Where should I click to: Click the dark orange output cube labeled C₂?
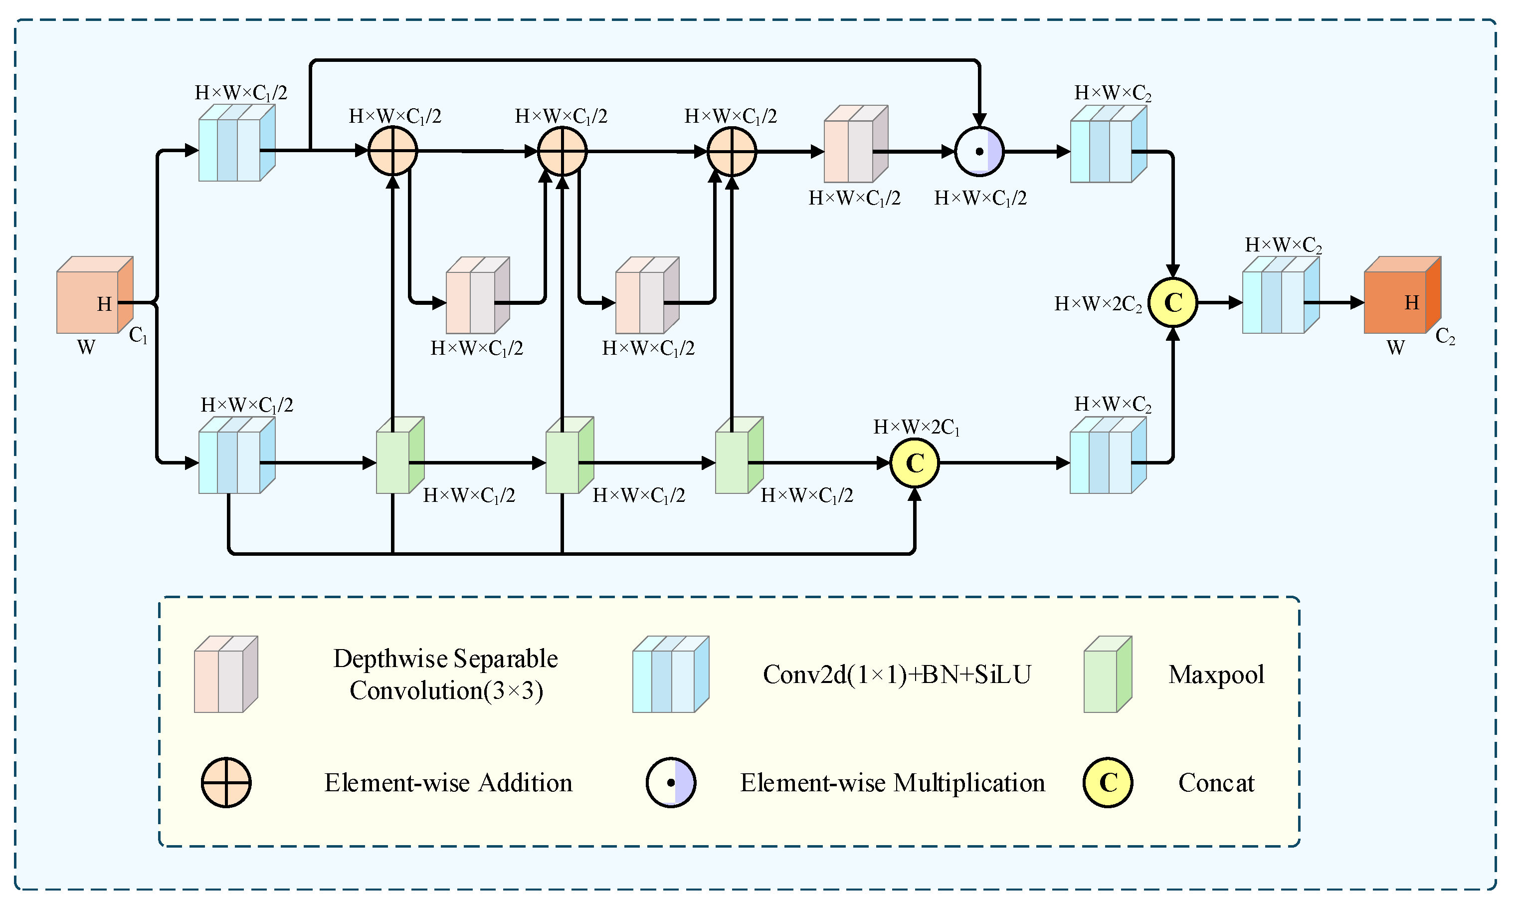click(x=1401, y=296)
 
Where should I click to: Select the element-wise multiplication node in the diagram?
click(x=979, y=151)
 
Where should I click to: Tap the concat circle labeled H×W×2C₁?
click(x=914, y=463)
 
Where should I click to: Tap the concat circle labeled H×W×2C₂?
click(x=1172, y=303)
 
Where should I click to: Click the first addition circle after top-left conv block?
click(x=392, y=151)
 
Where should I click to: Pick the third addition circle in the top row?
click(x=731, y=151)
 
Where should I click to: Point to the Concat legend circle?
click(x=1107, y=783)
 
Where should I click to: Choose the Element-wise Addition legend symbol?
click(x=226, y=783)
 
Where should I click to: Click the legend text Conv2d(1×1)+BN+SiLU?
click(x=897, y=675)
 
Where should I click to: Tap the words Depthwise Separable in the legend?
click(x=445, y=659)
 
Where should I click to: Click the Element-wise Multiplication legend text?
click(x=892, y=783)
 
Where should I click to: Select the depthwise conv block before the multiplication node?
click(x=854, y=145)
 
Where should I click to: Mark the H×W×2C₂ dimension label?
click(x=1097, y=304)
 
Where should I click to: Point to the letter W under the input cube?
click(x=86, y=347)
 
